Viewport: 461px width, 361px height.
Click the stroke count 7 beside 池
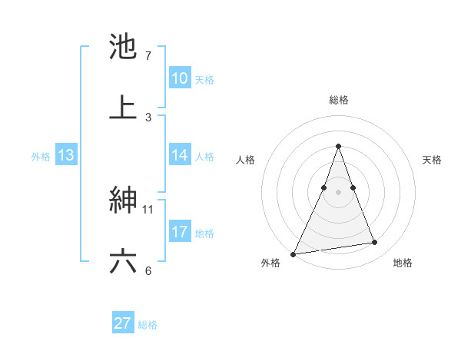(148, 56)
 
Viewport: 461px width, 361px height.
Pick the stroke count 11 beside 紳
(149, 209)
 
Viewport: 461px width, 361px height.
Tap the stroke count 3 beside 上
(148, 117)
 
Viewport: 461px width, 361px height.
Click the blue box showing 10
(180, 78)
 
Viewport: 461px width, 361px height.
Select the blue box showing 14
(180, 155)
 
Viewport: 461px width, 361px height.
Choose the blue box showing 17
(180, 232)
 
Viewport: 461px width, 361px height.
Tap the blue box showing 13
(66, 155)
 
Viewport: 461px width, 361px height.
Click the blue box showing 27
(123, 323)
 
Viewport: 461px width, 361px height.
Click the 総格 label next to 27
(148, 325)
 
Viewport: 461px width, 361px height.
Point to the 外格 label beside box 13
(41, 157)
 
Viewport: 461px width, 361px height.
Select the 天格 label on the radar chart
(432, 160)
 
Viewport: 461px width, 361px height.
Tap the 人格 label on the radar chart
(245, 160)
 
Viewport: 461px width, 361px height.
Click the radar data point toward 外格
(294, 253)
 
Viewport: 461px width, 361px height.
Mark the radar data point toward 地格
(375, 243)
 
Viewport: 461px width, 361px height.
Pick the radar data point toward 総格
(338, 146)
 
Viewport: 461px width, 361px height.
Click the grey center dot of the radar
(338, 192)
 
